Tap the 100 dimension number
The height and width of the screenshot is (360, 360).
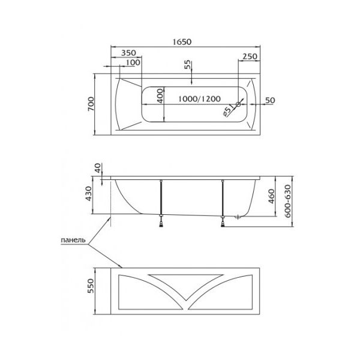coord(133,62)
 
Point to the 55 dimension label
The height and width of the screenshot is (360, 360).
coord(187,65)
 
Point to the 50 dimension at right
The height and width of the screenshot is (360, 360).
coord(269,100)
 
